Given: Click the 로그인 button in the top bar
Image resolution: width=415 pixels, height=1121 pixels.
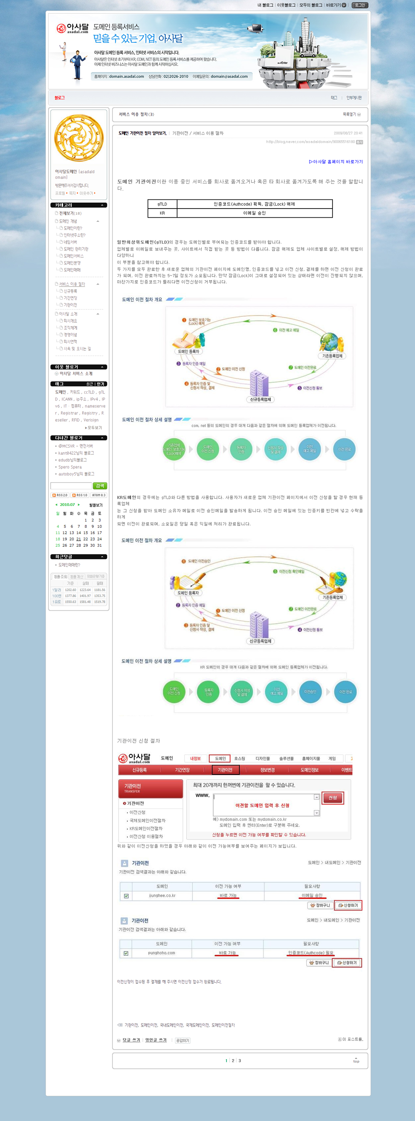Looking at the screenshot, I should point(360,5).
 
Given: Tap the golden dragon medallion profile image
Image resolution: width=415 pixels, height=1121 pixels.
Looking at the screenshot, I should point(79,138).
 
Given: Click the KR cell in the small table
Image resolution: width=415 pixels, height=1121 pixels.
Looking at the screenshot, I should point(162,213).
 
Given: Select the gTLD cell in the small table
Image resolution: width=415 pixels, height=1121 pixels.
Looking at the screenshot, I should point(162,204).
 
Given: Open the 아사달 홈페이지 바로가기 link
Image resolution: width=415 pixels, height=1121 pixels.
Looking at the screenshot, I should point(335,162).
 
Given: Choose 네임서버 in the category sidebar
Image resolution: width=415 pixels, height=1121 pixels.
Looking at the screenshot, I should point(70,242).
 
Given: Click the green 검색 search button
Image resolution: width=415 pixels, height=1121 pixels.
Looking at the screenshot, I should point(100,485).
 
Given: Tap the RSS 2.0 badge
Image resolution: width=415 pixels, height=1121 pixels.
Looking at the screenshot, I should point(60,495).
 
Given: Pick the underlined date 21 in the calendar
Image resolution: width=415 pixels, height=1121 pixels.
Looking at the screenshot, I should point(79,539).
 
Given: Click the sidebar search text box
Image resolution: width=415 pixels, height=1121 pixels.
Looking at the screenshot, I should point(71,485).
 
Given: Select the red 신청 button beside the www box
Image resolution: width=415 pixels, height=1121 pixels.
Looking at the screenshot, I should point(333,798).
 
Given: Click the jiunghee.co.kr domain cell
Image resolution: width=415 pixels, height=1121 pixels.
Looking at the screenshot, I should point(162,895).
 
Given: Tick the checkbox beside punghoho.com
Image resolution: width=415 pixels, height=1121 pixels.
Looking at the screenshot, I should point(126,953).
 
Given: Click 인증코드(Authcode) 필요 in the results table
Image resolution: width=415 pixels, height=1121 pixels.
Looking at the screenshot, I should point(310,953).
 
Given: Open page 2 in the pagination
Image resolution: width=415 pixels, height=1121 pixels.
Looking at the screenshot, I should point(233,1060).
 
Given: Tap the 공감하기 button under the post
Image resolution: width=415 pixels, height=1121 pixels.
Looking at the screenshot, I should point(183,1040).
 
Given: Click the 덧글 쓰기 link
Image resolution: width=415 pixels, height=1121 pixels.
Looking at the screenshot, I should point(131,1040).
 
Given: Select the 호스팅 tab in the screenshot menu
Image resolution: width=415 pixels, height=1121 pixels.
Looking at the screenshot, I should point(239,759).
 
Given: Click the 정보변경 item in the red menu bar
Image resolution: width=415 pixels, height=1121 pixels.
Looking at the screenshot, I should point(267,770).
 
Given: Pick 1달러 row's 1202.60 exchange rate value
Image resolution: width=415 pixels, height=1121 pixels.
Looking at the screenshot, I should point(71,590).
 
